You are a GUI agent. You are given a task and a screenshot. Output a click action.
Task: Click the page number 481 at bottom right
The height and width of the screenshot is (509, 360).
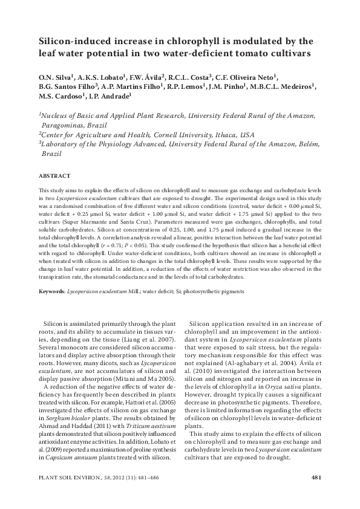315,478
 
